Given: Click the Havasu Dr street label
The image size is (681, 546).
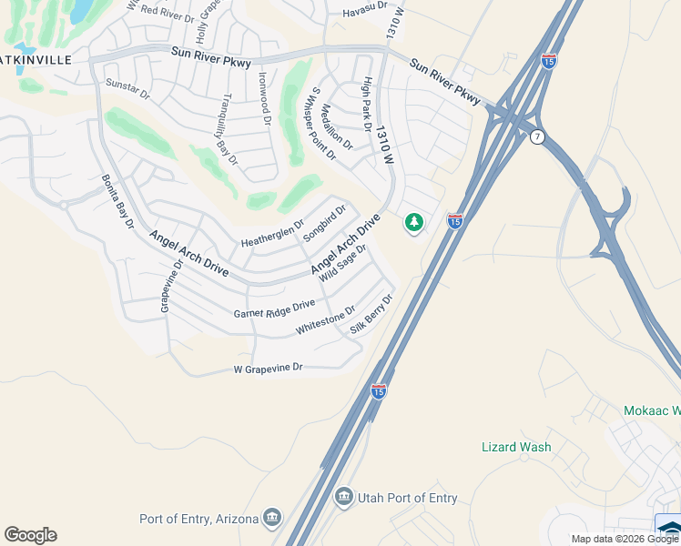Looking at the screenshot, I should (364, 13).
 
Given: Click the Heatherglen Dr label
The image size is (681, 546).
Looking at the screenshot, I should (272, 233).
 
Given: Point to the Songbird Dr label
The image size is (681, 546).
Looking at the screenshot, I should (325, 224).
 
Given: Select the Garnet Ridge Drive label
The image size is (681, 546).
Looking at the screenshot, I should (274, 308).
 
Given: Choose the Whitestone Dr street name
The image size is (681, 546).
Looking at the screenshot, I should (325, 322).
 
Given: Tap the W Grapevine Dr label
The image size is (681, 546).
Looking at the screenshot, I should (268, 369).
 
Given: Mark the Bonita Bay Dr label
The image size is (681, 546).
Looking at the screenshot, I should (117, 201).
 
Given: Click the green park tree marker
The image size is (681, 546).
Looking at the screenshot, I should (414, 222).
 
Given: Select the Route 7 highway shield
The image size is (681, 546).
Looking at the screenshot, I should (538, 136).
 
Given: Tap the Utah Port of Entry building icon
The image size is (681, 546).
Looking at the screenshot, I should (343, 496).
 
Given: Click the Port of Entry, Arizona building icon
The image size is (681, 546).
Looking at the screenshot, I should (271, 520).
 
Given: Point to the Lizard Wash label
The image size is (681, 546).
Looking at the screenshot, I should (515, 447).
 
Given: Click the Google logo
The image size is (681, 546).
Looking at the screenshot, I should (30, 535).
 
